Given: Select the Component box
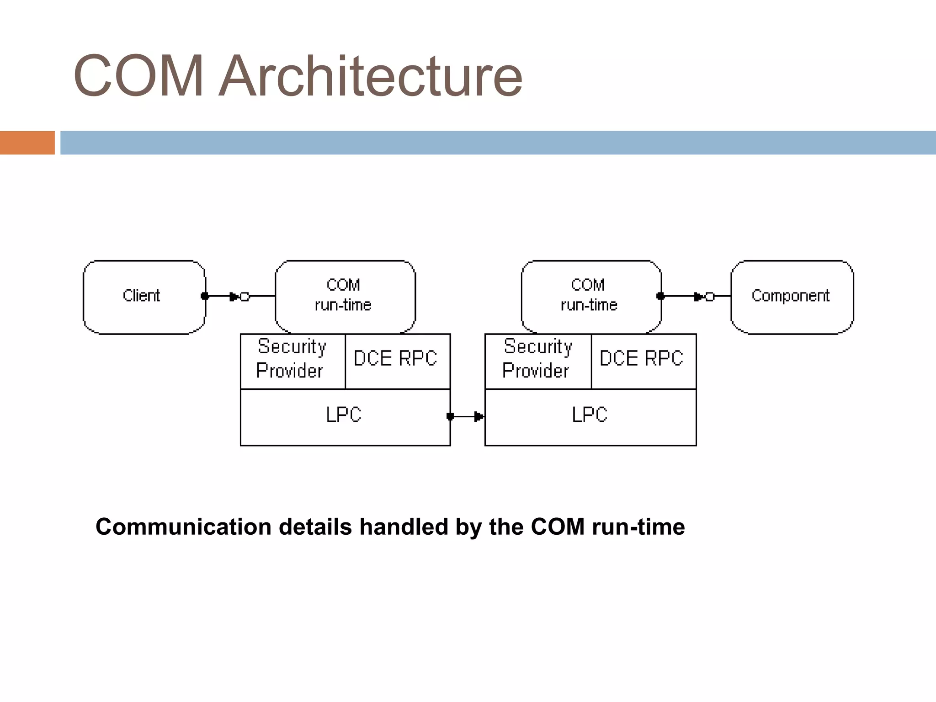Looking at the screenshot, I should [792, 297].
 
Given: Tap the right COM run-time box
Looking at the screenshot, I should [590, 295].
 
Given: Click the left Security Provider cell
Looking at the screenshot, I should [292, 359].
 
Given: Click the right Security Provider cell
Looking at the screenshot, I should [537, 359].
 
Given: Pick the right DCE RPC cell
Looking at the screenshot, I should [642, 359].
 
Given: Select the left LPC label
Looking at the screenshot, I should [344, 415].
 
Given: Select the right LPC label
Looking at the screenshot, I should [590, 415].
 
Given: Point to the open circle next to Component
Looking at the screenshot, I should [709, 297].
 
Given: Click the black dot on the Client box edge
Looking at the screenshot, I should [205, 296].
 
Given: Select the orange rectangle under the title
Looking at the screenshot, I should [27, 143].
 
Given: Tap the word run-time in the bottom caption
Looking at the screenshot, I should [638, 527].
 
